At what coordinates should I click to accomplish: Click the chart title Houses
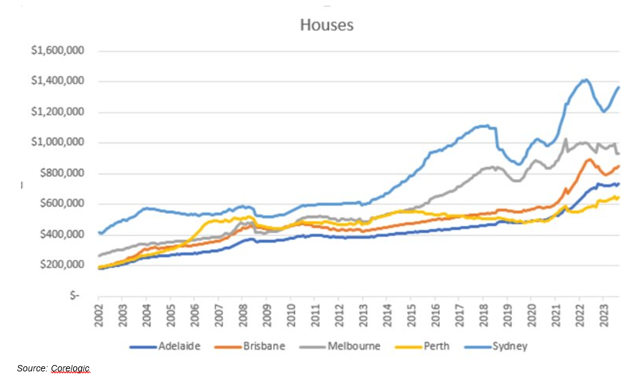[326, 25]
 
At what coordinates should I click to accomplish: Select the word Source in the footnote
[30, 368]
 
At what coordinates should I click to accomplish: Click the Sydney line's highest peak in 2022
[585, 80]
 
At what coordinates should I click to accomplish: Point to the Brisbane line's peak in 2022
[589, 159]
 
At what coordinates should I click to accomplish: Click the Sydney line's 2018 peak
[484, 126]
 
